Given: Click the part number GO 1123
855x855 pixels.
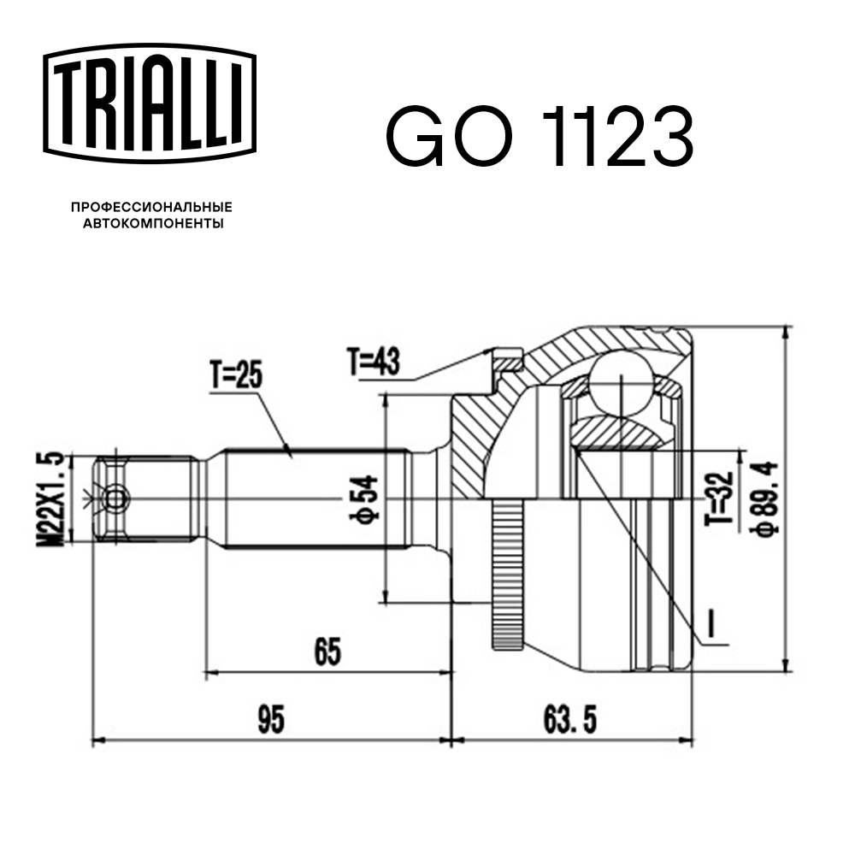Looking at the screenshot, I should coord(539,137).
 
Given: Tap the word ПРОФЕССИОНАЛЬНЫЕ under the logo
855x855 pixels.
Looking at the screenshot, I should coord(151,208).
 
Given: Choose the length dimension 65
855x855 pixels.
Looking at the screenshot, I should coord(327,652).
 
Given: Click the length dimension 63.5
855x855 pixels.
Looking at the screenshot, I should coord(569,719).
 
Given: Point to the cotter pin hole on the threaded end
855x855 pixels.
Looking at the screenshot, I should coord(115,497).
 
